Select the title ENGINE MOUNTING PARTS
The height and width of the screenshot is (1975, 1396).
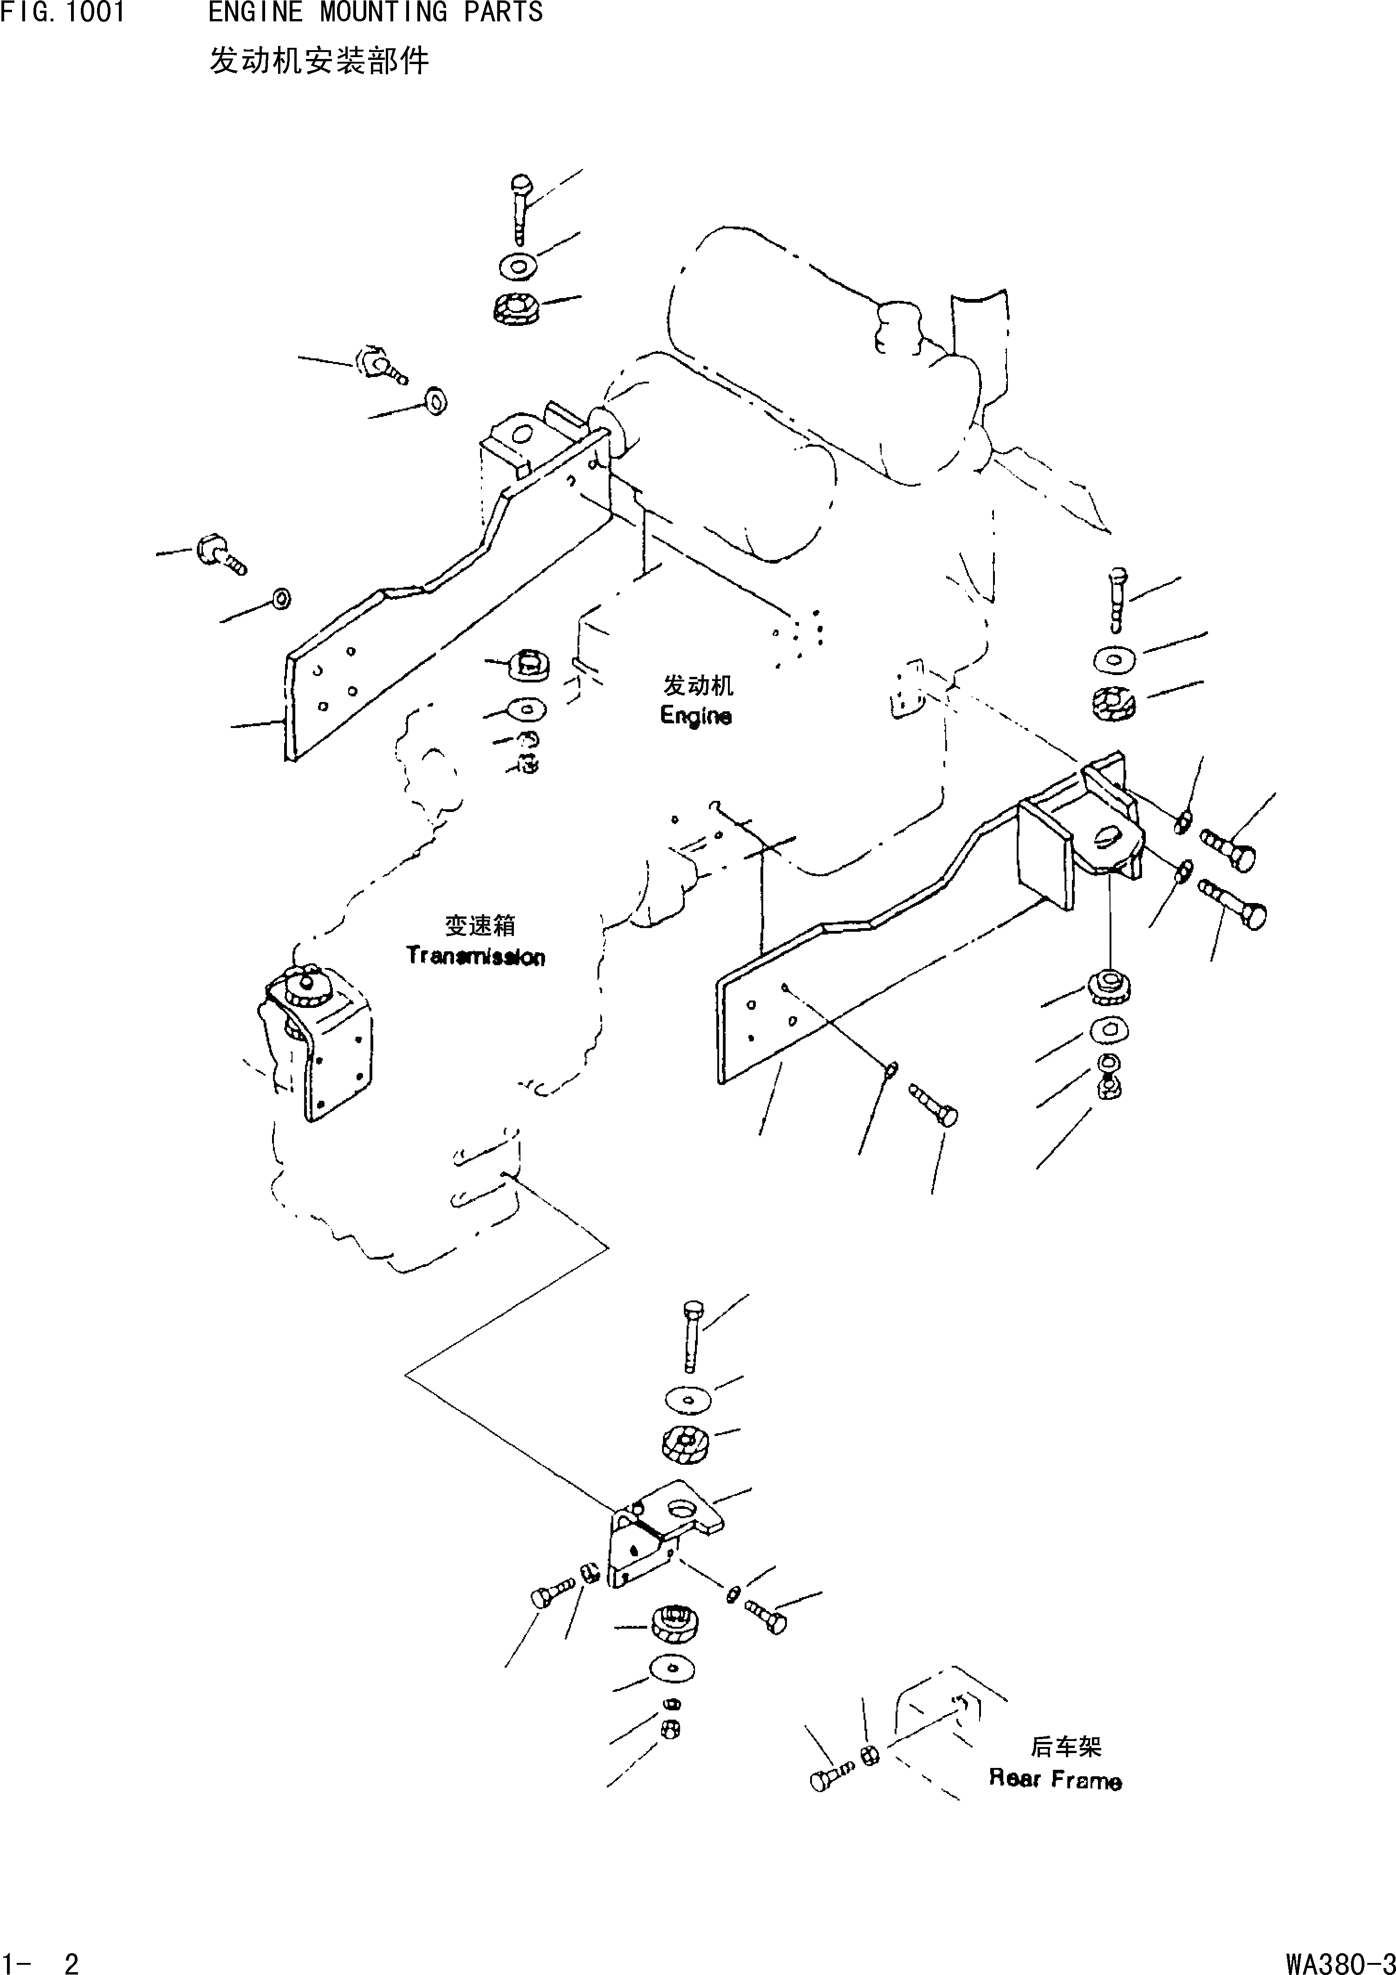click(x=375, y=13)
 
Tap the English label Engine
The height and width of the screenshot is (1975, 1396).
click(x=696, y=716)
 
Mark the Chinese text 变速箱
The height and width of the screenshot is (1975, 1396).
click(x=480, y=926)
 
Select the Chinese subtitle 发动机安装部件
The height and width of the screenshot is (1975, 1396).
click(x=319, y=61)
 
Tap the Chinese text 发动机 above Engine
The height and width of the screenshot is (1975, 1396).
click(x=698, y=686)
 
